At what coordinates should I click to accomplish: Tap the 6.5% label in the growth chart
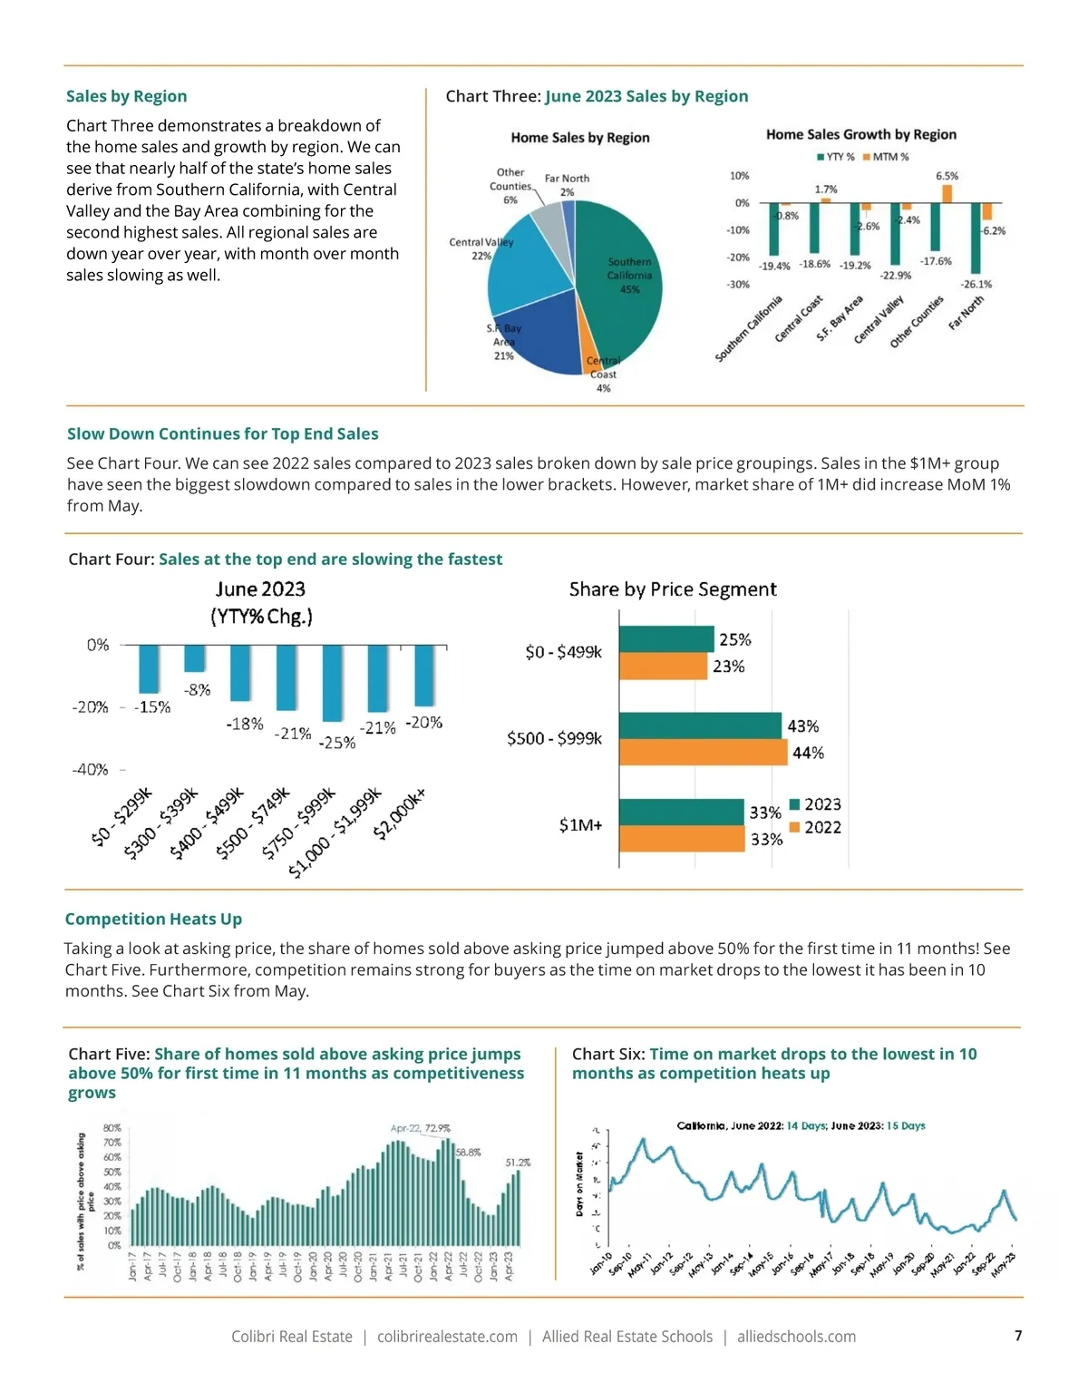click(947, 176)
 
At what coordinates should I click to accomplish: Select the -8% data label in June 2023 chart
click(197, 690)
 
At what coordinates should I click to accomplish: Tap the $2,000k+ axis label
click(399, 813)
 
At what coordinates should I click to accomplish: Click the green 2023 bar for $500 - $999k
click(700, 725)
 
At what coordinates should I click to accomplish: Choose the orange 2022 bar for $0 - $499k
click(663, 667)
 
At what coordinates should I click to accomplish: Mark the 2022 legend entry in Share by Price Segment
click(815, 827)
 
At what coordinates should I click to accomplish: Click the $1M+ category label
click(580, 825)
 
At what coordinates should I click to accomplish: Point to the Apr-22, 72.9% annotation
click(420, 1129)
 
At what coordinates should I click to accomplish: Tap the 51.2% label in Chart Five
click(518, 1163)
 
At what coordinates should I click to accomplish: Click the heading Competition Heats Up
click(153, 919)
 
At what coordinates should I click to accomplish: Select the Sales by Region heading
click(126, 96)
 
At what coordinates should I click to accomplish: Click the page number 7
click(1018, 1335)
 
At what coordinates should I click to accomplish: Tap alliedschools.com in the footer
click(796, 1337)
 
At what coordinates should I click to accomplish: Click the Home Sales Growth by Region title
click(860, 134)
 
